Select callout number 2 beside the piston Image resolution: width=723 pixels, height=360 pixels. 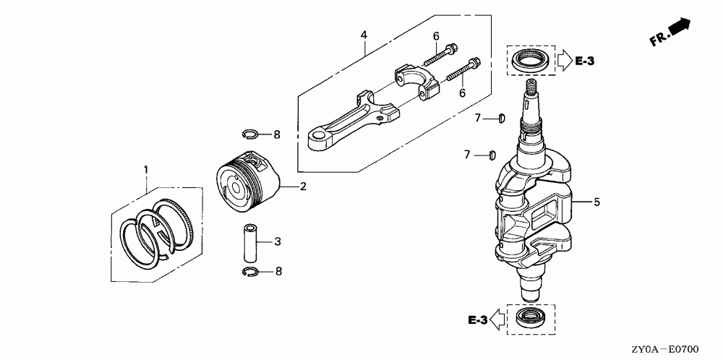pyautogui.click(x=303, y=187)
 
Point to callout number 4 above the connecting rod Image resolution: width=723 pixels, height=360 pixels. pyautogui.click(x=364, y=34)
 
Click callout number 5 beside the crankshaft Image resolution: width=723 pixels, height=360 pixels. pyautogui.click(x=596, y=202)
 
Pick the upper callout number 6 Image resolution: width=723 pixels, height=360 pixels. pyautogui.click(x=436, y=36)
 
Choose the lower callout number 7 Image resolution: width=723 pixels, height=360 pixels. pyautogui.click(x=468, y=154)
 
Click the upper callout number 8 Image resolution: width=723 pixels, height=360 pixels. pyautogui.click(x=277, y=134)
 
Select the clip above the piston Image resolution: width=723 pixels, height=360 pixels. pyautogui.click(x=251, y=133)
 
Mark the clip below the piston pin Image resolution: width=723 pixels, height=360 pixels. pyautogui.click(x=250, y=272)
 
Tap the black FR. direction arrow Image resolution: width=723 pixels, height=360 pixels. pyautogui.click(x=680, y=27)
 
